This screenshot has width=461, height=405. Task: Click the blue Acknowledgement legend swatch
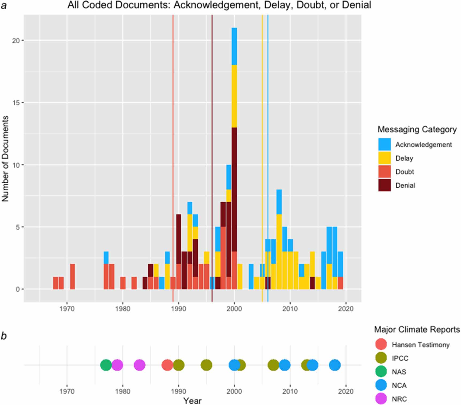[x=384, y=144]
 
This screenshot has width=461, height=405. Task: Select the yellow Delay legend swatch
[x=384, y=158]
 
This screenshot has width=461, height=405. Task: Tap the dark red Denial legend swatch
[x=384, y=185]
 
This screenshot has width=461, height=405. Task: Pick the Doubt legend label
[x=405, y=172]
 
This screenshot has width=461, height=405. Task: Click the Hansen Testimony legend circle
[x=381, y=345]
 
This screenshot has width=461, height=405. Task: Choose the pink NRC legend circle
[x=381, y=399]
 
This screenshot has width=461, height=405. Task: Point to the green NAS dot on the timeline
[x=106, y=365]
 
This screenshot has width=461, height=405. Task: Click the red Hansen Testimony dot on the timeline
[x=167, y=365]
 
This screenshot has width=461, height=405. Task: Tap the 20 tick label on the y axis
[x=16, y=40]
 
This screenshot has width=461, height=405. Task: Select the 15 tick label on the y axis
[x=16, y=103]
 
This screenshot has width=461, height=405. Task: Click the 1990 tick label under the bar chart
[x=178, y=309]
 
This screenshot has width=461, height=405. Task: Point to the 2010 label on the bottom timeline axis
[x=290, y=391]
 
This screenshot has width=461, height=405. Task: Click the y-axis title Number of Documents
[x=5, y=158]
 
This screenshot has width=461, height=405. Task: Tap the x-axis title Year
[x=192, y=401]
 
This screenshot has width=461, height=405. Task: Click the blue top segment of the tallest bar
[x=234, y=46]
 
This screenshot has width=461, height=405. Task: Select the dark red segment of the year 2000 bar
[x=234, y=190]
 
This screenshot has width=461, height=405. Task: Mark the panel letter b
[x=4, y=336]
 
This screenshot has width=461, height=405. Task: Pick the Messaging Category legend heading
[x=417, y=130]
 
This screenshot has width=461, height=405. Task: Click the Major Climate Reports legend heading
[x=417, y=329]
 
